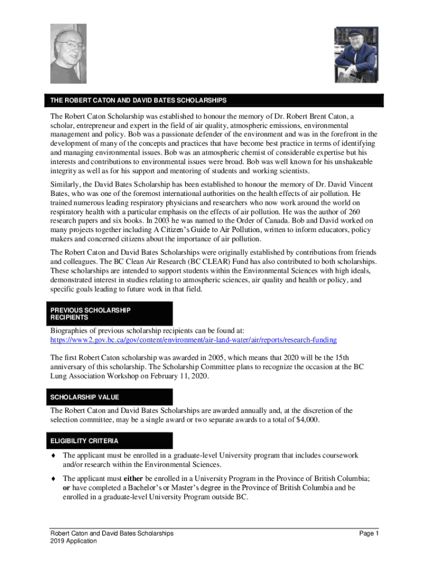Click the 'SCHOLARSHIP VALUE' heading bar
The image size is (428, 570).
pyautogui.click(x=84, y=397)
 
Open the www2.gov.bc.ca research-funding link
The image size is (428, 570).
pyautogui.click(x=193, y=340)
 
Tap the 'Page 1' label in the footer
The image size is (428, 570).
pyautogui.click(x=369, y=533)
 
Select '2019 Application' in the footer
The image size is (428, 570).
pyautogui.click(x=73, y=541)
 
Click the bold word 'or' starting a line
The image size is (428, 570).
pyautogui.click(x=66, y=488)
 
